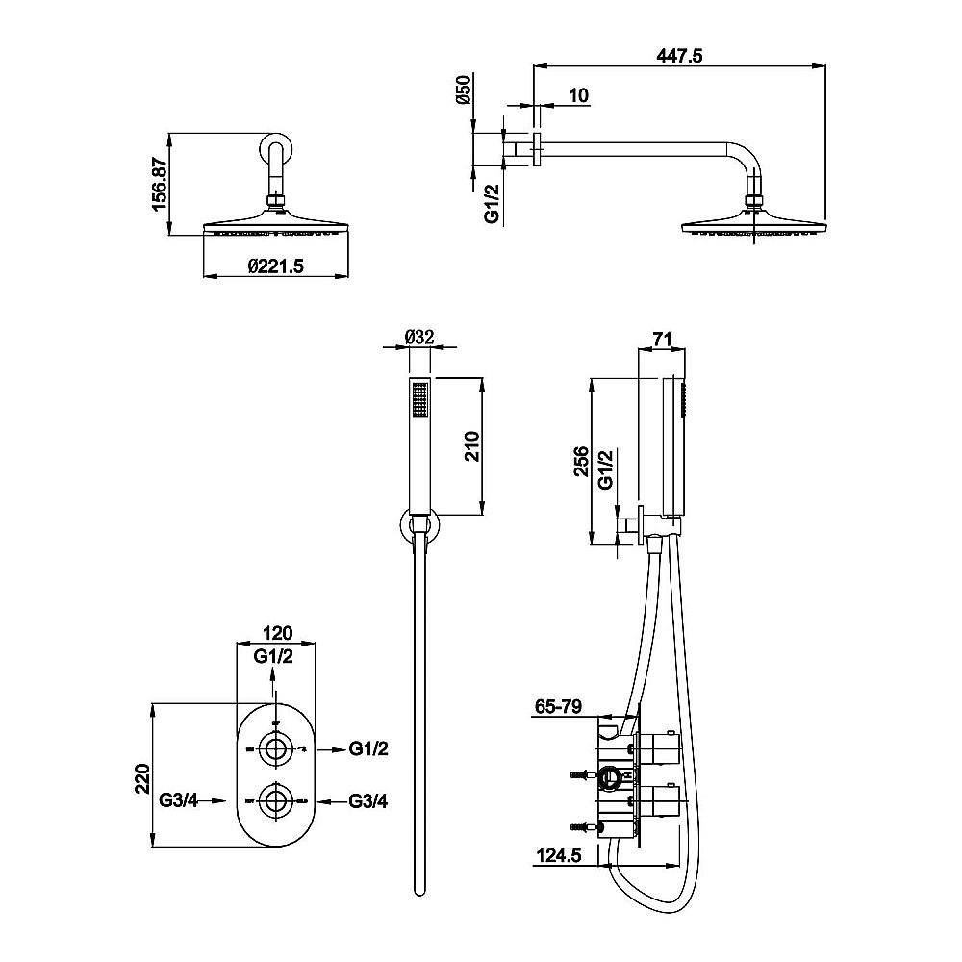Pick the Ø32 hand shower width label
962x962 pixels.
point(420,337)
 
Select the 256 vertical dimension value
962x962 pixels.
point(581,462)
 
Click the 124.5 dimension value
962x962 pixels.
point(559,853)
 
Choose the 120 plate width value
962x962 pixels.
point(275,634)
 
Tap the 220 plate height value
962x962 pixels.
point(142,776)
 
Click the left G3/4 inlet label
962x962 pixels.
point(180,799)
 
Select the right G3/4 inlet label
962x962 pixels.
point(368,799)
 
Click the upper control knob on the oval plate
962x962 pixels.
point(276,748)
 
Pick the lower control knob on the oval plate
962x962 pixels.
point(276,799)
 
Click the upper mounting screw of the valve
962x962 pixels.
point(580,773)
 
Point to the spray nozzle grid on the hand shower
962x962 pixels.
point(419,399)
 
